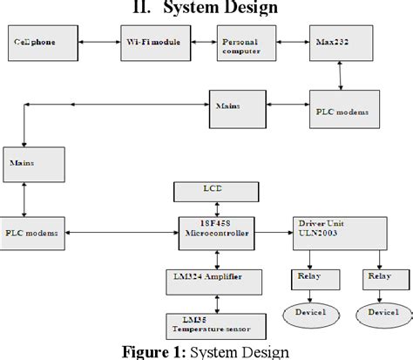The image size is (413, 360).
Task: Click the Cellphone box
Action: point(41,43)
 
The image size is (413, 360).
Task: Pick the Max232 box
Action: point(338,43)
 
